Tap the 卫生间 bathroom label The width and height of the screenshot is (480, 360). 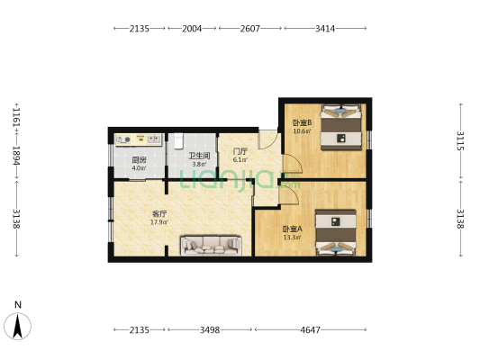pyautogui.click(x=197, y=157)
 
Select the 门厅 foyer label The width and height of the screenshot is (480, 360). pyautogui.click(x=240, y=151)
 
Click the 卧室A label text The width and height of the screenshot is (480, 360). pyautogui.click(x=267, y=229)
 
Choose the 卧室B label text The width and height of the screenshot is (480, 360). pyautogui.click(x=301, y=122)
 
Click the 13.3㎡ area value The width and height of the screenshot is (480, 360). pyautogui.click(x=267, y=238)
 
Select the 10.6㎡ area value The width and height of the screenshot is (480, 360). pyautogui.click(x=301, y=131)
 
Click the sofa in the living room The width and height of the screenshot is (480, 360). pyautogui.click(x=210, y=244)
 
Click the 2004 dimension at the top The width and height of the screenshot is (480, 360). pyautogui.click(x=192, y=29)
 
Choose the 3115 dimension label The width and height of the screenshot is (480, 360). pyautogui.click(x=460, y=141)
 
